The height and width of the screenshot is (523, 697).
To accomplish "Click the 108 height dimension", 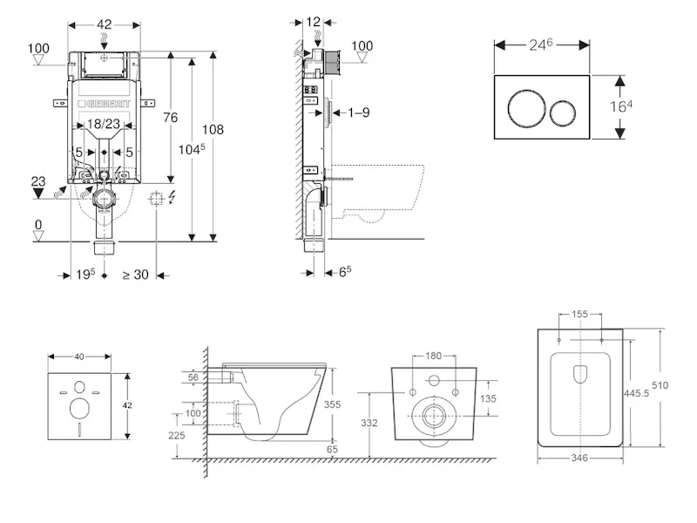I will [213, 130].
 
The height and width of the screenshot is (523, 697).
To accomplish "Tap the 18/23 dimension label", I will [105, 126].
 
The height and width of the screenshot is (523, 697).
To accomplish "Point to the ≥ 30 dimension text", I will [134, 275].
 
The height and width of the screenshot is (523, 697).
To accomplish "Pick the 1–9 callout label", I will [359, 112].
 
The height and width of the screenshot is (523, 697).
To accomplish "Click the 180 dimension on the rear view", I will [433, 356].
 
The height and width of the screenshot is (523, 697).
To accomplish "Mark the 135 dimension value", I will [490, 399].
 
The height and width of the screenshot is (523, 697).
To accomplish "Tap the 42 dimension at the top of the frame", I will [104, 25].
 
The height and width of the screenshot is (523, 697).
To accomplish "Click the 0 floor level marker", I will [37, 225].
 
